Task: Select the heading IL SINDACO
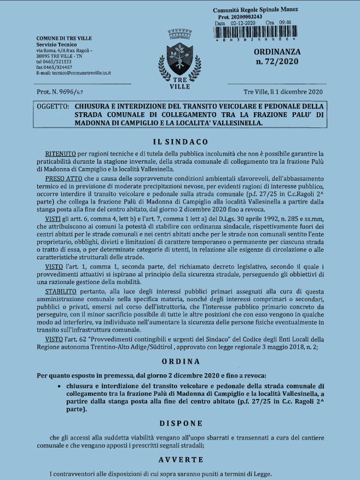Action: point(180,141)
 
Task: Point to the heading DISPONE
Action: point(180,423)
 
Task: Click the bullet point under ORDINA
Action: point(58,386)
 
